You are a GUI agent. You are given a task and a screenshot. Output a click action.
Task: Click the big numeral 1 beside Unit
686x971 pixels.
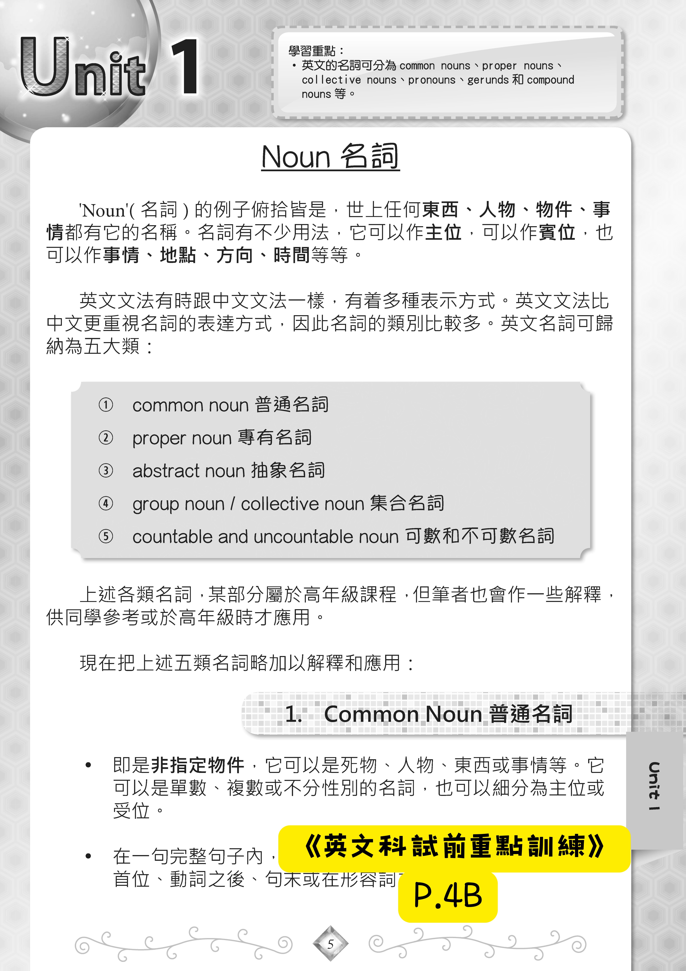click(x=185, y=67)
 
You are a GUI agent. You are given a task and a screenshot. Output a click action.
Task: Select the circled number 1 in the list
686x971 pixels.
click(x=106, y=405)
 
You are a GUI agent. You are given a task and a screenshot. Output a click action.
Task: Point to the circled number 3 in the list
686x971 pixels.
click(x=106, y=470)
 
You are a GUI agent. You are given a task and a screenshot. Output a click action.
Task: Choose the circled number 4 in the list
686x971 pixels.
click(x=106, y=503)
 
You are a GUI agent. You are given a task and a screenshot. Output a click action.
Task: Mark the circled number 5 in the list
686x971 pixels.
click(x=106, y=536)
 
